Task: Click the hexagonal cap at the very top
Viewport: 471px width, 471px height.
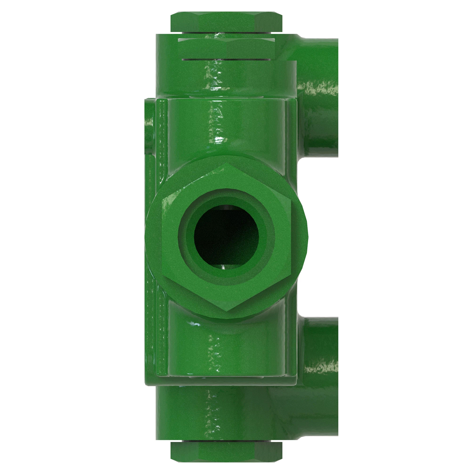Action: pyautogui.click(x=226, y=22)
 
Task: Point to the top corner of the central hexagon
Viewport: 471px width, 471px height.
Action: pyautogui.click(x=226, y=165)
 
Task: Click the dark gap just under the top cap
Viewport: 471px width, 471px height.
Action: pyautogui.click(x=226, y=35)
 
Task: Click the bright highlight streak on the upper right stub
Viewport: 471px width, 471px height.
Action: pyautogui.click(x=320, y=89)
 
